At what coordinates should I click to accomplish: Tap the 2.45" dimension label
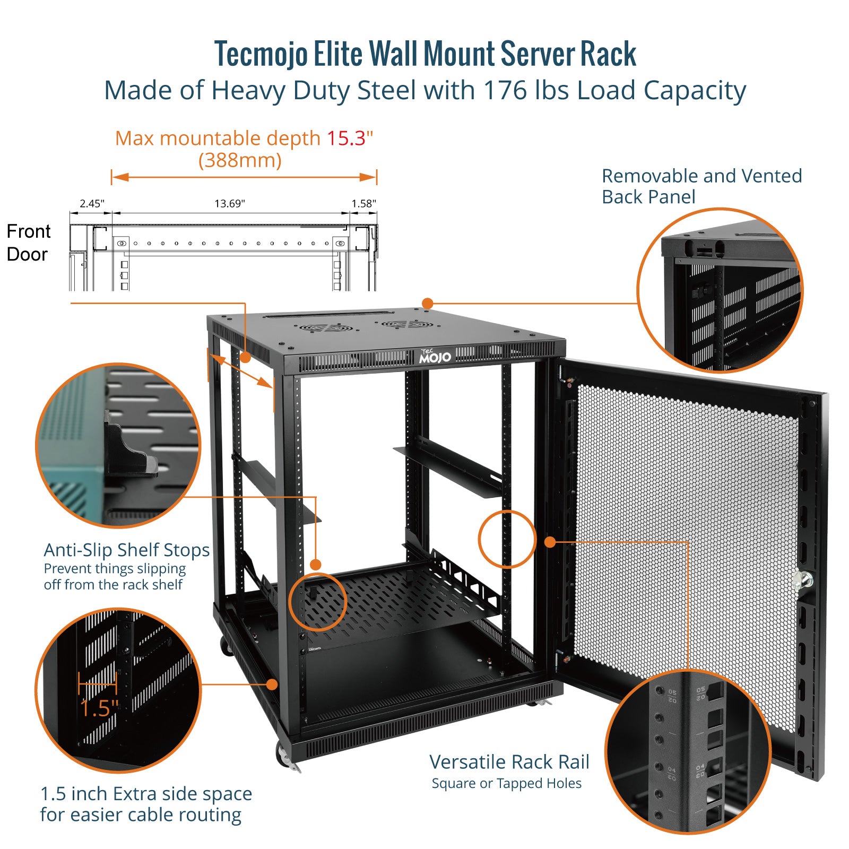[x=92, y=204]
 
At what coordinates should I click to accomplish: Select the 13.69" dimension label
[x=230, y=204]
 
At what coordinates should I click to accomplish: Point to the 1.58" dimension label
[x=363, y=204]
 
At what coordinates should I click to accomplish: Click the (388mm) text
[x=240, y=160]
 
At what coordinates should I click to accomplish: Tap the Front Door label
[x=28, y=243]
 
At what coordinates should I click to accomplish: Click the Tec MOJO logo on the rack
[x=435, y=356]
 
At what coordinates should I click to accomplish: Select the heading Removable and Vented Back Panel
[x=701, y=186]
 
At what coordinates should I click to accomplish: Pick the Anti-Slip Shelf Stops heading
[x=126, y=550]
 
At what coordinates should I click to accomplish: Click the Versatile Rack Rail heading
[x=509, y=762]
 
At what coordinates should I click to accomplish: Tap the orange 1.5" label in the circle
[x=99, y=708]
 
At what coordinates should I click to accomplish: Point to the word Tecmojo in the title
[x=261, y=54]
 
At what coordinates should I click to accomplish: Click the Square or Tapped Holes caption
[x=506, y=784]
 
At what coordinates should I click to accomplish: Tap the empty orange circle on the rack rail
[x=507, y=539]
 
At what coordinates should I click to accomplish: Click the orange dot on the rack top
[x=428, y=304]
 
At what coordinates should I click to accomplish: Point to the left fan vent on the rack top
[x=325, y=328]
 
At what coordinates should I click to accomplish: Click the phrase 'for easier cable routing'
[x=141, y=815]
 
